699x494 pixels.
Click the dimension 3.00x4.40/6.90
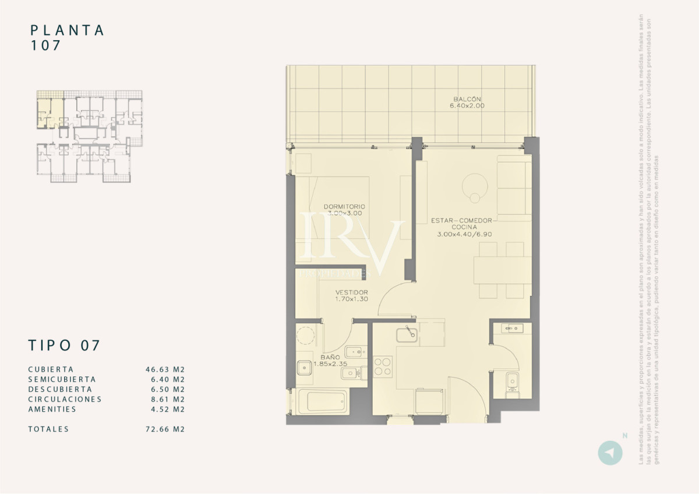tap(465, 234)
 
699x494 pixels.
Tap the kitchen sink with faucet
tap(407, 334)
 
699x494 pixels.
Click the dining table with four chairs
tap(502, 270)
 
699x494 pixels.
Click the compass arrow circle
tap(610, 453)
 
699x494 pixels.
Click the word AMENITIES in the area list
tap(52, 409)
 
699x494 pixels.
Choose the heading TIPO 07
tap(64, 345)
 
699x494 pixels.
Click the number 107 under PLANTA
tap(45, 46)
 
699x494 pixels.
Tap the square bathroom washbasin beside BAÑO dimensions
tap(304, 368)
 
